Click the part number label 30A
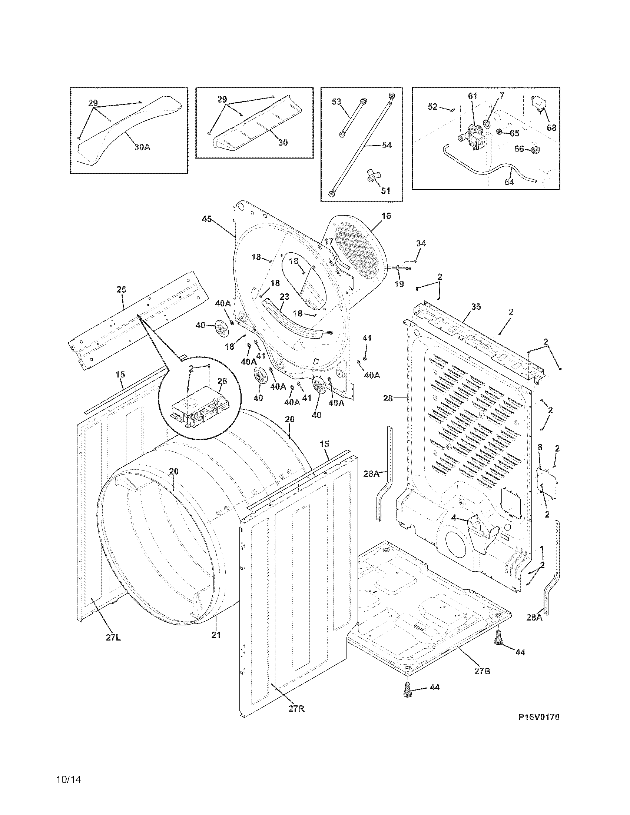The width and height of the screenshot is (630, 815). (x=142, y=147)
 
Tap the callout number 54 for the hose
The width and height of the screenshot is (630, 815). (x=386, y=145)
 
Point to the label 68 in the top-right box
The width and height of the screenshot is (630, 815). (x=551, y=128)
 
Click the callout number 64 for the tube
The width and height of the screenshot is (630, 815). (x=509, y=182)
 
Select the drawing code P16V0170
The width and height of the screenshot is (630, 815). (x=538, y=717)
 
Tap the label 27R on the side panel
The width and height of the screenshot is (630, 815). (x=296, y=709)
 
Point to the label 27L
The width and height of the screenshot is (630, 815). (x=113, y=638)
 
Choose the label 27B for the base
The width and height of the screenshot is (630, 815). (x=482, y=671)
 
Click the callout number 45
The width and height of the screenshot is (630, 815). (x=207, y=219)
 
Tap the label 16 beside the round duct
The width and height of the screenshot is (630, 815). (x=386, y=216)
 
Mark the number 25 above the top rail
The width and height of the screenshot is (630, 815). (x=121, y=289)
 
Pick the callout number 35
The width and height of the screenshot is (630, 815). (x=476, y=307)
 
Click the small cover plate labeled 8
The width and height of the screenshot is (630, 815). (x=547, y=481)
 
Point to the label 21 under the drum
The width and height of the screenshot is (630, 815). (x=216, y=634)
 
